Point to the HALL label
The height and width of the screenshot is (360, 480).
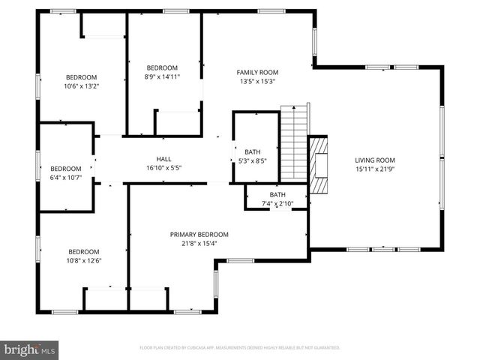163,158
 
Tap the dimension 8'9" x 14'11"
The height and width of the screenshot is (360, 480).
162,76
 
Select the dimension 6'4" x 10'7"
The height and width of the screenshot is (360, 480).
65,177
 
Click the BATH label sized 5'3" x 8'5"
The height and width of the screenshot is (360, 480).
252,152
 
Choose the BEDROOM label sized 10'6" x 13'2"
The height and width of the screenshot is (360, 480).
82,77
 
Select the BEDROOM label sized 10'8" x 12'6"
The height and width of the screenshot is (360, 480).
84,251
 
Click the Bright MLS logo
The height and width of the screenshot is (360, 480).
30,349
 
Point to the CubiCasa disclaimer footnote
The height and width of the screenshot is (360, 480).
240,348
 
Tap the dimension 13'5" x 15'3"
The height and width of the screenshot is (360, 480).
258,81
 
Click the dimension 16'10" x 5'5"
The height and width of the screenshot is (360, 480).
163,168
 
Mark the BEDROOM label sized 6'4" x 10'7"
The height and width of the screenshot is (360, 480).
65,168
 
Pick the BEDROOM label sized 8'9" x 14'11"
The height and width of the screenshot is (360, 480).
162,67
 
